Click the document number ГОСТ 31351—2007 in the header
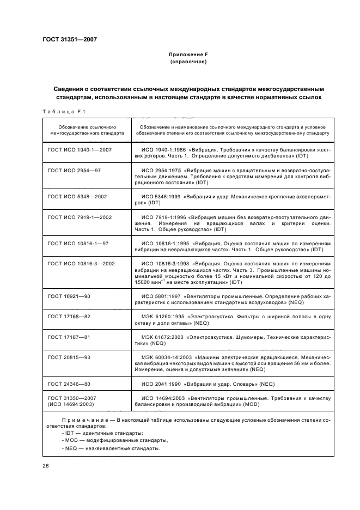point(70,39)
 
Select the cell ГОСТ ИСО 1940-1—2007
point(80,149)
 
